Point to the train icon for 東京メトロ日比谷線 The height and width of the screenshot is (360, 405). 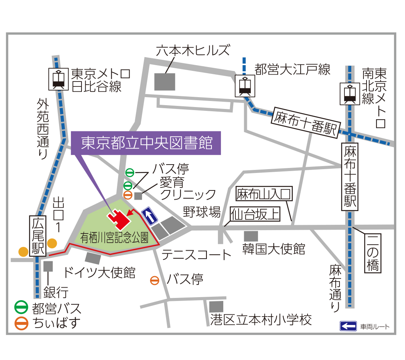click(58, 78)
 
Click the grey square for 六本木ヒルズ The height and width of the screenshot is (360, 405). click(165, 82)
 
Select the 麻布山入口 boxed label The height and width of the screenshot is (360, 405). click(264, 195)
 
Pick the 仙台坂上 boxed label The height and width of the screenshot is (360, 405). click(255, 214)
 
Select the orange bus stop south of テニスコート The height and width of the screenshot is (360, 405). click(155, 281)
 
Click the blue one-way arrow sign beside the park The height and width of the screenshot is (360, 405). click(150, 216)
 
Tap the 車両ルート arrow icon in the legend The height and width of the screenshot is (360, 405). click(348, 326)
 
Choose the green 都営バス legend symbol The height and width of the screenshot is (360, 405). click(21, 307)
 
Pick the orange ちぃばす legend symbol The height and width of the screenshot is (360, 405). click(21, 323)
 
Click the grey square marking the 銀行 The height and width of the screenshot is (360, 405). click(48, 266)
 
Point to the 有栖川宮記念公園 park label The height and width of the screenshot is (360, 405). click(114, 238)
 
